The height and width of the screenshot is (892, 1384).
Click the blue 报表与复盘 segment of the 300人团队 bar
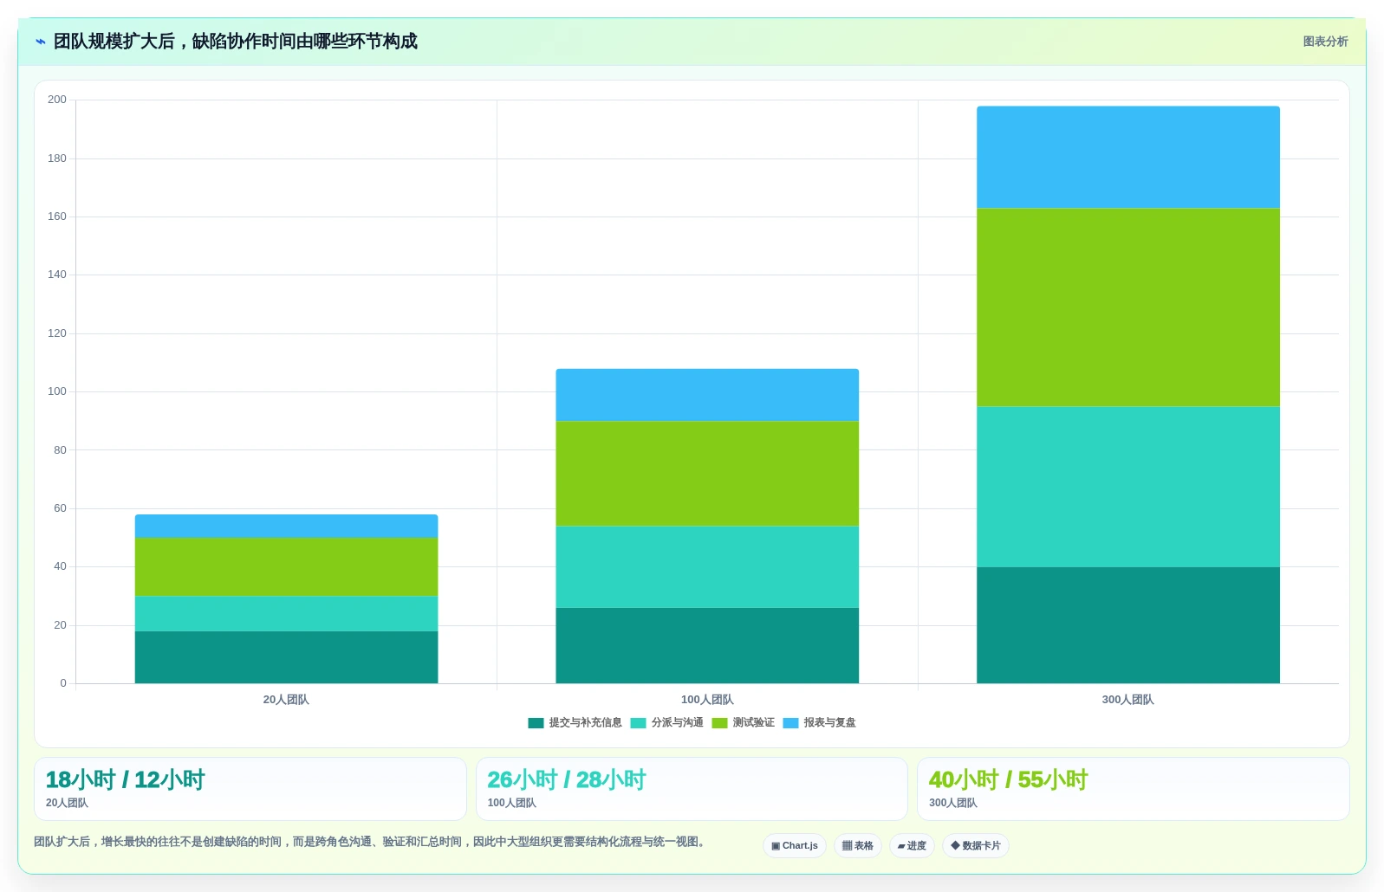pos(1127,157)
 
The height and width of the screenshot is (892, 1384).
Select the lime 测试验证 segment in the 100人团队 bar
pos(707,474)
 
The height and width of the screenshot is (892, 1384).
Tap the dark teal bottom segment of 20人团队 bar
pos(286,656)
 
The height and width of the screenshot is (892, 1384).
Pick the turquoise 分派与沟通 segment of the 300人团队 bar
pos(1127,487)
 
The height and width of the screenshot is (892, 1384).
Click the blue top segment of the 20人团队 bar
pos(286,526)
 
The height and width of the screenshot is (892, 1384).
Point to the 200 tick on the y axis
pos(57,100)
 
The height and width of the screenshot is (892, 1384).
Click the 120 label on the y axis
pos(57,333)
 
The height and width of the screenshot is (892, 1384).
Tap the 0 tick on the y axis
pos(63,683)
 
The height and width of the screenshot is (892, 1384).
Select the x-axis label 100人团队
pos(707,700)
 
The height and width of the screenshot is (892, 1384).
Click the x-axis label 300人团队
pos(1127,700)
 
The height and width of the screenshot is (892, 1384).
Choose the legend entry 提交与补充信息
pos(575,722)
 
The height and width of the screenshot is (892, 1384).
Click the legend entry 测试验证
pos(744,722)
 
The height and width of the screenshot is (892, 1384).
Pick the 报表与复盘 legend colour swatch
pos(790,723)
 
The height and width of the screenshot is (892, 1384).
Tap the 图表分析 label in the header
pos(1325,42)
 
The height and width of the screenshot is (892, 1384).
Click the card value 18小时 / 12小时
pos(125,779)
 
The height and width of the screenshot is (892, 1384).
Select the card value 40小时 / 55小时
pos(1008,779)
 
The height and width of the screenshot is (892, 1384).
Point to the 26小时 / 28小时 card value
pos(566,779)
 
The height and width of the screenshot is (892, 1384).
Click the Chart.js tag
pos(795,846)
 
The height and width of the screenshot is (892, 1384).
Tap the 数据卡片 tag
pos(976,846)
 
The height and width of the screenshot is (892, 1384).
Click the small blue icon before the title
pos(41,42)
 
